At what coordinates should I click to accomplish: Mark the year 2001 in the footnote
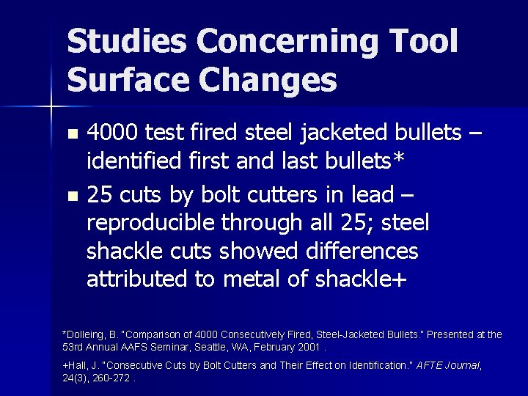[x=308, y=346]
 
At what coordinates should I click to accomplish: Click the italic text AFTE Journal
[x=447, y=364]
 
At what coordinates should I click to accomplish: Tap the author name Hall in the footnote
[x=78, y=364]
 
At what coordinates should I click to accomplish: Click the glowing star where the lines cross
[x=51, y=107]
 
